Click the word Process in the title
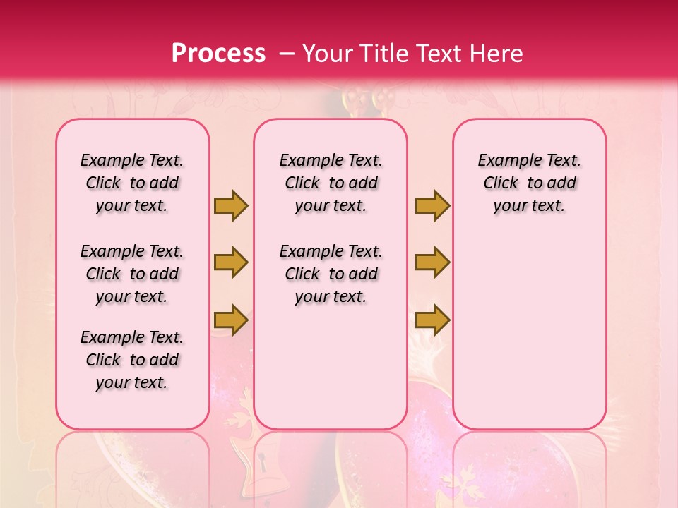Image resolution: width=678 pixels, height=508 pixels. coord(218,54)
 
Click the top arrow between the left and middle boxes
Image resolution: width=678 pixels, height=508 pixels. coord(230,206)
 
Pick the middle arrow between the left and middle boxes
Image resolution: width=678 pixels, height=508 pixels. coord(230,262)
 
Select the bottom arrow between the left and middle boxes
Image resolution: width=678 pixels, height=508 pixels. coord(230,320)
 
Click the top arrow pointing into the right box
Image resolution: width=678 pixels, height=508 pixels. coord(432,206)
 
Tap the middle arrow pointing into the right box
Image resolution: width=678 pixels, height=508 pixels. coord(432,262)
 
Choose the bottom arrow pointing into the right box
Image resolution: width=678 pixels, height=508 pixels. coord(432,320)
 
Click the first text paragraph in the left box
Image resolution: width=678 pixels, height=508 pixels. coord(132,183)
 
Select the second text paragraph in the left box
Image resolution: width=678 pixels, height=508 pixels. coord(132,274)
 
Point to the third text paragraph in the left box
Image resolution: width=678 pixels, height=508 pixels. coord(132,360)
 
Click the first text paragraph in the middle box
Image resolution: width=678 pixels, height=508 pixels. coord(331,183)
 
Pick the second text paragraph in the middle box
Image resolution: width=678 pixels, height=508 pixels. coord(331,274)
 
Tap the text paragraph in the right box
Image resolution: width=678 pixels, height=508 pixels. coord(530,183)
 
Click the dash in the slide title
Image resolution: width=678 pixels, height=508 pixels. coord(288,54)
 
